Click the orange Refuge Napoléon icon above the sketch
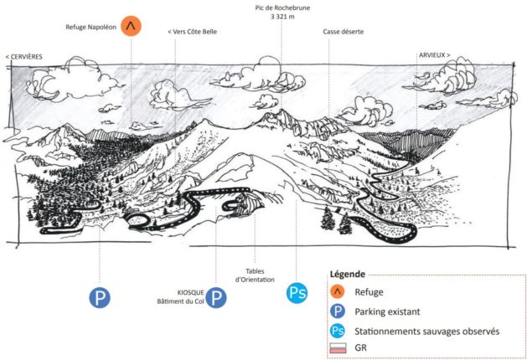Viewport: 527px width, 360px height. [131, 26]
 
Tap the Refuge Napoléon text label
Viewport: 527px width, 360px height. [90, 27]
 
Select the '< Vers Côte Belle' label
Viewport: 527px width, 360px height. [192, 32]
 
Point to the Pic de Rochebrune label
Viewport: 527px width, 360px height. [282, 8]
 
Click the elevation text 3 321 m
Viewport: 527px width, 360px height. [282, 17]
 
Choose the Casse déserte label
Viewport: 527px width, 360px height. [344, 32]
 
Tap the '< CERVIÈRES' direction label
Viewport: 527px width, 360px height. [24, 57]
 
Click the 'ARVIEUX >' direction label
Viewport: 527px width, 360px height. [434, 55]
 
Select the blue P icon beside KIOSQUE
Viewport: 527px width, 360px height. [216, 297]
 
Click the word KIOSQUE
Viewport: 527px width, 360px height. [190, 293]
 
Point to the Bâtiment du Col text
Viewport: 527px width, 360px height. [180, 301]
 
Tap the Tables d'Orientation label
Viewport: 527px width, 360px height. [255, 275]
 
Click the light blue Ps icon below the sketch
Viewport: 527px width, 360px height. [297, 293]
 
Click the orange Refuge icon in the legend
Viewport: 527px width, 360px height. [338, 291]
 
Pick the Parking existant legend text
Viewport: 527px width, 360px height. [387, 311]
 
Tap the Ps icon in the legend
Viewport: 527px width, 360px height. [338, 332]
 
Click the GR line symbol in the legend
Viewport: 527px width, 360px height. [338, 348]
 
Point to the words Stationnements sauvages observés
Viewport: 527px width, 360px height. [426, 332]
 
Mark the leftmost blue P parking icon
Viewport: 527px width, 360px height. [100, 297]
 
